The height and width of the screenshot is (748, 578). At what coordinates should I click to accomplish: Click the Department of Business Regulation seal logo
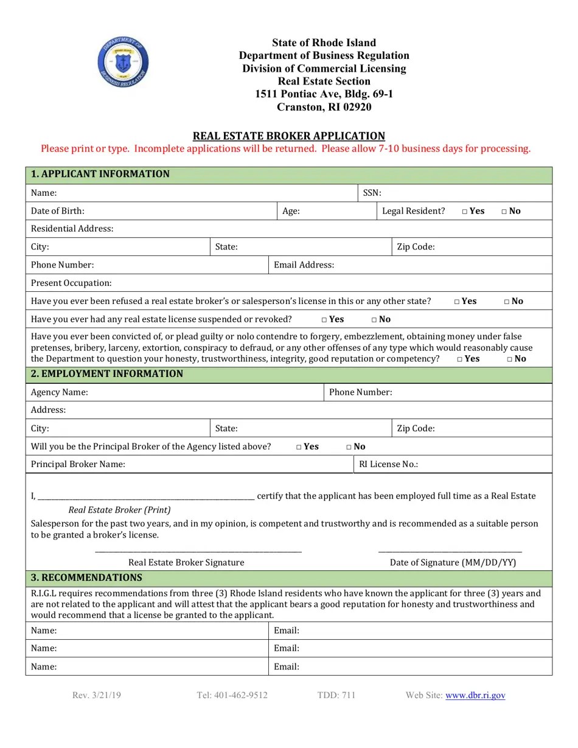[x=123, y=62]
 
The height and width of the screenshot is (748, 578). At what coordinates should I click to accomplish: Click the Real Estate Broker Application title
[x=288, y=136]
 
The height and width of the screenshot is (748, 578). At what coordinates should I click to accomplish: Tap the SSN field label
[x=372, y=193]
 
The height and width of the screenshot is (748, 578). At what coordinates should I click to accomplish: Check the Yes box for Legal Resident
[x=465, y=212]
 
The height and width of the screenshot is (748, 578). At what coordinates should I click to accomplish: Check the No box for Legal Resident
[x=505, y=212]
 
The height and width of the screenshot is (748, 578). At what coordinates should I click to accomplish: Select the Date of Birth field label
[x=58, y=211]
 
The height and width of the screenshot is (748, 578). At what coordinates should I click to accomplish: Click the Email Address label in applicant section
[x=304, y=265]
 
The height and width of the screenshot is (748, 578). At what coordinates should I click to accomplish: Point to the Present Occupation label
[x=71, y=283]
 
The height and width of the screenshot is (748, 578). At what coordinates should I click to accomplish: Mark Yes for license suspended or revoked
[x=325, y=320]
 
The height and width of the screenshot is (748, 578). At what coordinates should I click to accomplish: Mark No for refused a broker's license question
[x=507, y=302]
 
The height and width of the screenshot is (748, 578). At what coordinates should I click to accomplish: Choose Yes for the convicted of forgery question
[x=460, y=359]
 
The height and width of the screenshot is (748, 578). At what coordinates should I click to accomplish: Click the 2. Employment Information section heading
[x=106, y=374]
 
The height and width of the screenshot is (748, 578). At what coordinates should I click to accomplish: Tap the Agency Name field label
[x=60, y=392]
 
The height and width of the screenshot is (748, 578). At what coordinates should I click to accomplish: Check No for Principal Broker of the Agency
[x=350, y=447]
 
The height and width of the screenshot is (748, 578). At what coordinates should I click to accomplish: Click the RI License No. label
[x=388, y=465]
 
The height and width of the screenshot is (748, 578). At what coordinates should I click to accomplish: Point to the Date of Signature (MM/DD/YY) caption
[x=453, y=563]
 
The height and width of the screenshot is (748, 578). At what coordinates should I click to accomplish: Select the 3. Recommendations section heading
[x=86, y=578]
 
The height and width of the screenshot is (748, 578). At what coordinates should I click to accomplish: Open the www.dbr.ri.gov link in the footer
[x=475, y=695]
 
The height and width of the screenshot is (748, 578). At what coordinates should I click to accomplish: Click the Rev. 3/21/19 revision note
[x=96, y=695]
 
